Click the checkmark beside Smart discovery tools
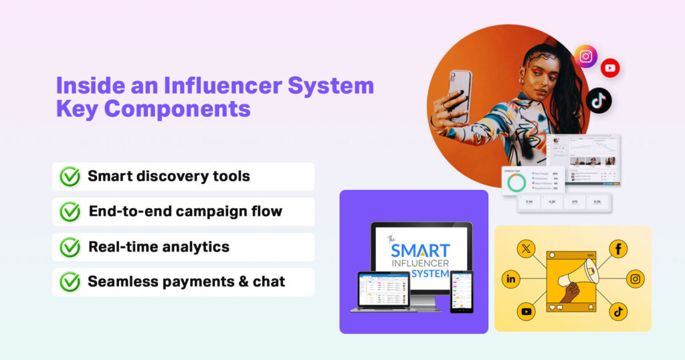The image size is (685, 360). tap(70, 177)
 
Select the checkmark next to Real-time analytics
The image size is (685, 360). tap(70, 247)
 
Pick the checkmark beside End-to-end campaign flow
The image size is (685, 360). tap(70, 211)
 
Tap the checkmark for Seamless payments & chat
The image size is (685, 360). tap(70, 282)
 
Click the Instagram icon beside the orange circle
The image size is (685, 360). tap(586, 57)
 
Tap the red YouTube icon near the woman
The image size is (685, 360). tap(610, 68)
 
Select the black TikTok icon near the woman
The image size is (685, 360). tap(599, 100)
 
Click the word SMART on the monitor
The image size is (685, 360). tap(420, 251)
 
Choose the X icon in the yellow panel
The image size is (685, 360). tap(526, 249)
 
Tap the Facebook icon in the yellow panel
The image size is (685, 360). tap(617, 249)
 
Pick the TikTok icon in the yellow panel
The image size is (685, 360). tap(617, 310)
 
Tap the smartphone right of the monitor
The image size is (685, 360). tap(462, 291)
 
